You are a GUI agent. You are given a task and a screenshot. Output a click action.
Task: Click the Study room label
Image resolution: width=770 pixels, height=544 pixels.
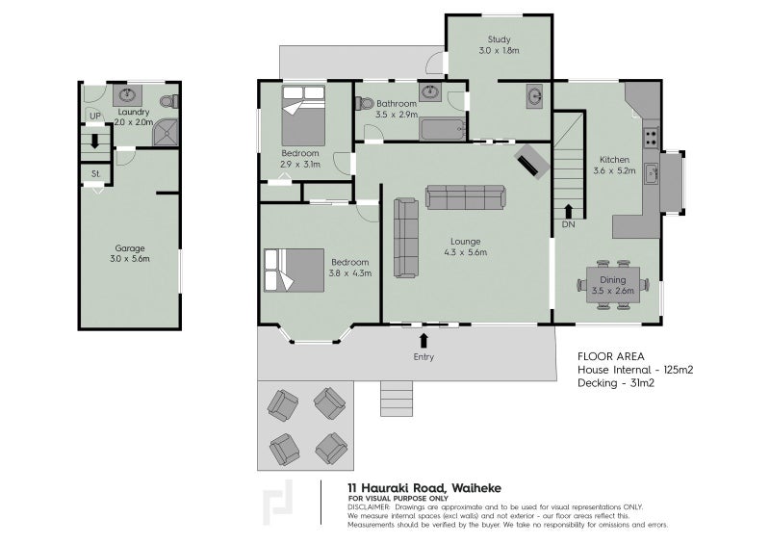pos(499,39)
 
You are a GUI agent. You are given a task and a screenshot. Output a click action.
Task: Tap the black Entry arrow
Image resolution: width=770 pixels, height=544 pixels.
pos(423,341)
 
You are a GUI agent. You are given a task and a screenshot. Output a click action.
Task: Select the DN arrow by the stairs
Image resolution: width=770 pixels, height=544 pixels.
pos(568,211)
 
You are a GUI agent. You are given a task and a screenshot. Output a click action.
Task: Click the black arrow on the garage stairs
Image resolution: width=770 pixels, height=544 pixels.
pos(95,141)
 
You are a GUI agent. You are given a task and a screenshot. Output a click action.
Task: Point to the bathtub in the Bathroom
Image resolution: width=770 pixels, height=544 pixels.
pos(443,130)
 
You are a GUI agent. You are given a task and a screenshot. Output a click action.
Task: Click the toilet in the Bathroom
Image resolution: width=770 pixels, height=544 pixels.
pos(365,104)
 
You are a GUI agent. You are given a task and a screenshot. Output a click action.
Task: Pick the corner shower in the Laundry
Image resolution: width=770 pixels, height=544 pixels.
pos(165,132)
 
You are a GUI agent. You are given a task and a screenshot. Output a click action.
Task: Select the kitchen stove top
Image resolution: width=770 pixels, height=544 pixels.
pos(652,138)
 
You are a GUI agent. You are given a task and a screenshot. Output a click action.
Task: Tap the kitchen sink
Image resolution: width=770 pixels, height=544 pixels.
pos(652,173)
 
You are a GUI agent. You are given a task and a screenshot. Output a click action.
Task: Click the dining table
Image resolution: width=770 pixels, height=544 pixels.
pos(613,285)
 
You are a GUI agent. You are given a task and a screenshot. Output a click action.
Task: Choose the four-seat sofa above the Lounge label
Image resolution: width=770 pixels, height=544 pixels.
pos(465,197)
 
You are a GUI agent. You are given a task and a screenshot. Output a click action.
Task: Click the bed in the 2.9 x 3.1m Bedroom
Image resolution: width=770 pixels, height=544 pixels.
pos(303,116)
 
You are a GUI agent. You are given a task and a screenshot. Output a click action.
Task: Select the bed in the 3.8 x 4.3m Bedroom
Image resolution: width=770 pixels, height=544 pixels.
pos(295,271)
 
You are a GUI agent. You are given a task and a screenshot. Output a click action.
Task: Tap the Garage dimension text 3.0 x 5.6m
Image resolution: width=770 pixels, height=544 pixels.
pos(130,258)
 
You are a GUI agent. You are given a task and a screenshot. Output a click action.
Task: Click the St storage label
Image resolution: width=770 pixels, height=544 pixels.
pos(95,173)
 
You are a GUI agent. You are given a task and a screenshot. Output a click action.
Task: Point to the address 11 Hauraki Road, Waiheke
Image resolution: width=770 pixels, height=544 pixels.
pos(424,488)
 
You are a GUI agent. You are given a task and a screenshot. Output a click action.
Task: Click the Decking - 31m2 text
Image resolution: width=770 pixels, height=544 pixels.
pos(616,383)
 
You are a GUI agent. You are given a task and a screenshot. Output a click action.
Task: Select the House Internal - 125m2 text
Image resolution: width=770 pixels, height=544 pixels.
pos(635,370)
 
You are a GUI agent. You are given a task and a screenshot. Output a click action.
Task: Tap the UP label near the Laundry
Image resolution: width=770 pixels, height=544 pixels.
pos(95,116)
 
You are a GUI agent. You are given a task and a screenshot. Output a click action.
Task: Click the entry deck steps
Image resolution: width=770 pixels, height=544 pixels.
pos(397,399)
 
